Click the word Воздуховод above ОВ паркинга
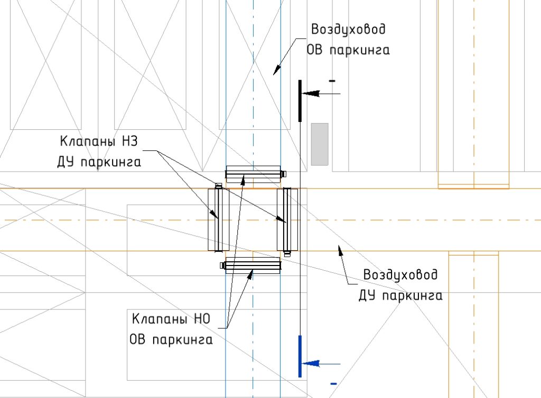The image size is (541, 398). pyautogui.click(x=348, y=29)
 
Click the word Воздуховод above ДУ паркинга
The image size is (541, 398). pyautogui.click(x=400, y=274)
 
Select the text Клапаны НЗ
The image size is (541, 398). pyautogui.click(x=99, y=141)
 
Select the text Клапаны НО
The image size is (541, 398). pyautogui.click(x=171, y=319)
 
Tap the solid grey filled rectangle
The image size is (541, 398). pyautogui.click(x=320, y=145)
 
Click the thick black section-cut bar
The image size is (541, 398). pyautogui.click(x=300, y=101)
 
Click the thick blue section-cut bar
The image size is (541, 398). pyautogui.click(x=300, y=356)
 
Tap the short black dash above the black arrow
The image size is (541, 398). pyautogui.click(x=332, y=81)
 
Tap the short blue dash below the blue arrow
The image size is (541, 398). pyautogui.click(x=333, y=384)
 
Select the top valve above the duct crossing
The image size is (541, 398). pyautogui.click(x=253, y=174)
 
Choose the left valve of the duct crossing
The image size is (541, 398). pyautogui.click(x=218, y=220)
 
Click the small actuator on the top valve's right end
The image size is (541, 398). pyautogui.click(x=284, y=174)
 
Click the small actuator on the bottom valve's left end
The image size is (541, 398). pyautogui.click(x=223, y=266)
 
